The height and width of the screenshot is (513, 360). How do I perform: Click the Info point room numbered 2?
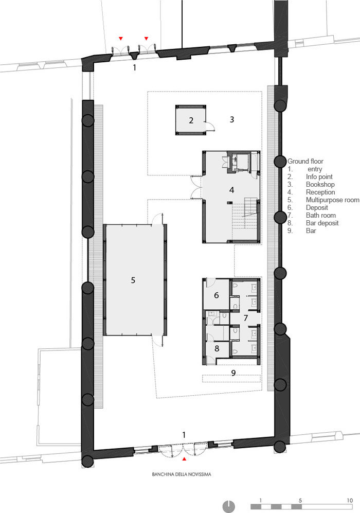click(191, 120)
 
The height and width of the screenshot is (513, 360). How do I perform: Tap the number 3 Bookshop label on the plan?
click(232, 119)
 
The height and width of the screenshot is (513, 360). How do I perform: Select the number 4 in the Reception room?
click(232, 190)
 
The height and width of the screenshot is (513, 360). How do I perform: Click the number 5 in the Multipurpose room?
click(133, 280)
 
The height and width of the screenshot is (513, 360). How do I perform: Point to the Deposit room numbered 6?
click(216, 295)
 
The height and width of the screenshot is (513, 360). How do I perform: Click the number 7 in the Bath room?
click(245, 317)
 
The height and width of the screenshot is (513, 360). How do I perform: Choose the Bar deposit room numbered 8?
click(217, 348)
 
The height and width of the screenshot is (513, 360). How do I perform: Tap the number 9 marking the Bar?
click(233, 373)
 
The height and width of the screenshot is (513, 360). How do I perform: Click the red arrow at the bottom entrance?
click(184, 459)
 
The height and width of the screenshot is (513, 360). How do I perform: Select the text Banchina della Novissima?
click(182, 474)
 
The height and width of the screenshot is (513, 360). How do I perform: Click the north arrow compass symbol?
click(229, 506)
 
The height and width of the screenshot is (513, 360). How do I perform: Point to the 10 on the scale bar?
click(350, 500)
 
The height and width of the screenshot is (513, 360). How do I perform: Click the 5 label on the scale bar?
click(300, 500)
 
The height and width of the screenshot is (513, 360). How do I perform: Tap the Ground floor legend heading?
click(305, 161)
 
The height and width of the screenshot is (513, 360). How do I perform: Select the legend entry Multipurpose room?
click(333, 200)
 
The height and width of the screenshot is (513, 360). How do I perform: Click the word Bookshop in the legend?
click(320, 185)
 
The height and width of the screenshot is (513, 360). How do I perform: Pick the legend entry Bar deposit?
click(322, 223)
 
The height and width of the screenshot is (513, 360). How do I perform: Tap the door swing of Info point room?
click(210, 126)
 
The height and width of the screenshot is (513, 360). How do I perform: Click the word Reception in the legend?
click(320, 192)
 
